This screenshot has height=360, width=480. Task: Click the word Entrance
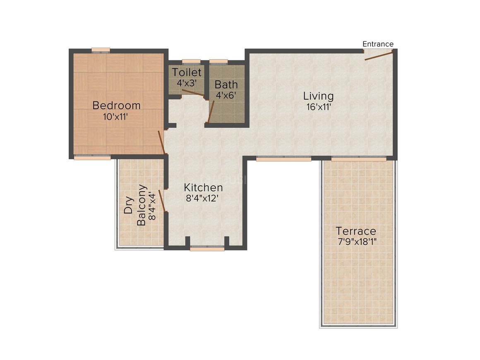(378, 44)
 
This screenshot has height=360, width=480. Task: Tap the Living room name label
(318, 96)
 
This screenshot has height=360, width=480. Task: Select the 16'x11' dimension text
(318, 107)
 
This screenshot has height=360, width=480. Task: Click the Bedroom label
(116, 106)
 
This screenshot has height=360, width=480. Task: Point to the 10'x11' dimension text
(116, 116)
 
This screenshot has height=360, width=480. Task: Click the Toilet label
(187, 72)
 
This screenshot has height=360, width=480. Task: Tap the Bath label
(226, 85)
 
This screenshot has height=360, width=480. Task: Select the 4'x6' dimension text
(226, 95)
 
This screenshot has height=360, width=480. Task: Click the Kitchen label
(203, 187)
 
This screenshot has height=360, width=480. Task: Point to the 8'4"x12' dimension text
(203, 198)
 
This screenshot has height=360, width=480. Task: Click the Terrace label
(356, 231)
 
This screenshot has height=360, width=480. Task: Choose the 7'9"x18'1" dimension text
(356, 241)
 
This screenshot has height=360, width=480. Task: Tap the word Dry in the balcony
(129, 205)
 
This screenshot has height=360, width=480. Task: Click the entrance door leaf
(378, 55)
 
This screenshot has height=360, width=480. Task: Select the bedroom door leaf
(162, 142)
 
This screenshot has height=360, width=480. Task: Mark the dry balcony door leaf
(163, 201)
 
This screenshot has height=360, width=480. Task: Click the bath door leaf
(211, 112)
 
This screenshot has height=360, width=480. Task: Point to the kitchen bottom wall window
(207, 249)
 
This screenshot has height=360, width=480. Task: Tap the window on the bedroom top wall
(101, 50)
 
